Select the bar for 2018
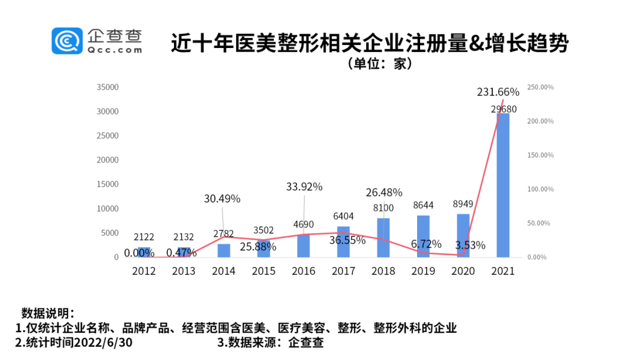(x=383, y=237)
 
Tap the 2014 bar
(x=224, y=250)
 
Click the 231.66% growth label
(x=498, y=92)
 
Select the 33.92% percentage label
(x=304, y=187)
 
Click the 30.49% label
(x=222, y=199)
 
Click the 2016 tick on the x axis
(x=304, y=271)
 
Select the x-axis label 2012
(x=144, y=271)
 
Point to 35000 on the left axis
(x=108, y=87)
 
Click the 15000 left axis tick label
(x=108, y=184)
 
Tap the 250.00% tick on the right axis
(x=540, y=87)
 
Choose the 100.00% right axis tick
(x=540, y=189)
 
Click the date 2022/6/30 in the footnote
(x=112, y=342)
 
